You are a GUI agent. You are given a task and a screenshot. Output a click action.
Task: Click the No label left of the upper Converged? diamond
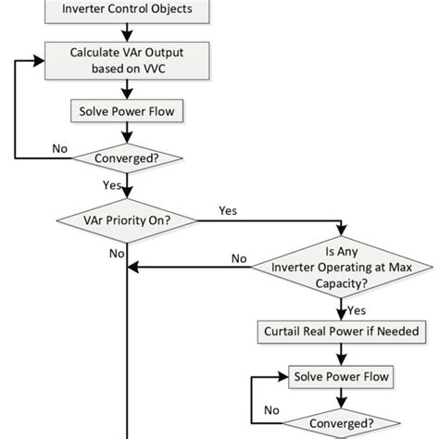(60, 147)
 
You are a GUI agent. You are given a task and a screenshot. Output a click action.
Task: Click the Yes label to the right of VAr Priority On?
(227, 211)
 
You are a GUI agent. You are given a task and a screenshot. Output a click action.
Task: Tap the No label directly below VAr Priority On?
(116, 253)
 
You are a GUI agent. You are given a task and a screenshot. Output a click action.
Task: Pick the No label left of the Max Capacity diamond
(239, 259)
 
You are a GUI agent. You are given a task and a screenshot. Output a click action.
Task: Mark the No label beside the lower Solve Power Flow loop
(271, 408)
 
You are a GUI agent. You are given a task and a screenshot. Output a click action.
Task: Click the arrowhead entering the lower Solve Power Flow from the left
(282, 377)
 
